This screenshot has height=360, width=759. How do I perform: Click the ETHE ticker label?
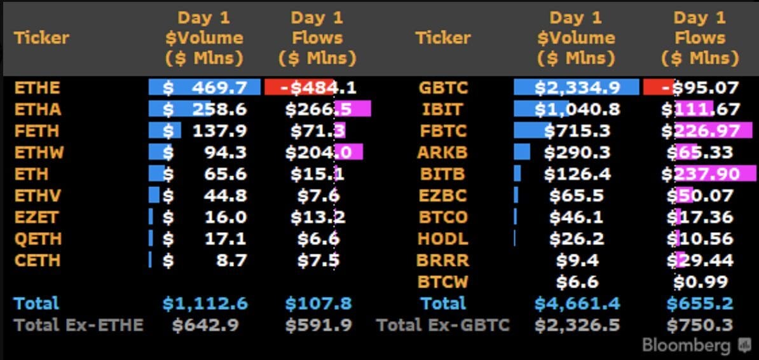click(38, 88)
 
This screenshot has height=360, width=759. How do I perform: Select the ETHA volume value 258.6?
click(219, 109)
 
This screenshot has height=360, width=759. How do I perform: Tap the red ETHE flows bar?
click(299, 88)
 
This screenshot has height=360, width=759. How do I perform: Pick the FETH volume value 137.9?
click(219, 131)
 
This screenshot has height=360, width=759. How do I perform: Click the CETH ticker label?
click(38, 260)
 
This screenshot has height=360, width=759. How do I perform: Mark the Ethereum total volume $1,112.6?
click(205, 304)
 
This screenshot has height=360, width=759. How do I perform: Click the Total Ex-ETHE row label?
click(78, 325)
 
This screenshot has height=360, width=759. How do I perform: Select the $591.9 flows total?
click(318, 325)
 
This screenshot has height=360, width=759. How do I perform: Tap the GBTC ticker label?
click(444, 88)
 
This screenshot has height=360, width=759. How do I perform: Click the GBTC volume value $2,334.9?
click(577, 88)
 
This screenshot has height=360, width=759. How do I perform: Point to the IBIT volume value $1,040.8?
click(577, 109)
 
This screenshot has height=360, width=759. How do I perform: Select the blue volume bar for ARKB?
click(522, 152)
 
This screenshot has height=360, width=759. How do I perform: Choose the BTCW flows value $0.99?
click(700, 282)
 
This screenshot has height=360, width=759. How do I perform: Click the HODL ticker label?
click(443, 239)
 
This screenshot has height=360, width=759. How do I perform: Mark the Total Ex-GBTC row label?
click(443, 325)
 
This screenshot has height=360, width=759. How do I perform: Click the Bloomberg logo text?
click(687, 346)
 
